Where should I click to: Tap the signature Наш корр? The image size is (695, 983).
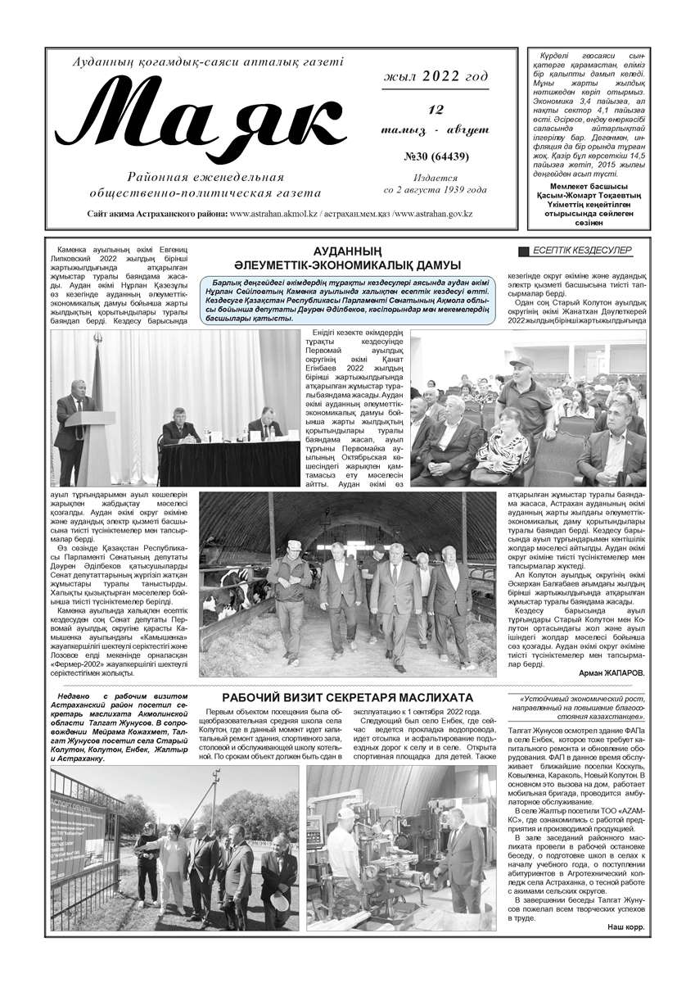pos(625,926)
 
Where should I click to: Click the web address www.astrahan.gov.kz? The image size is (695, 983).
pos(434,214)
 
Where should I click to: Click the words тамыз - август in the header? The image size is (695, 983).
pos(435,129)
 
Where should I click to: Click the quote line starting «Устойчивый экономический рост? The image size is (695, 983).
pos(577,699)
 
